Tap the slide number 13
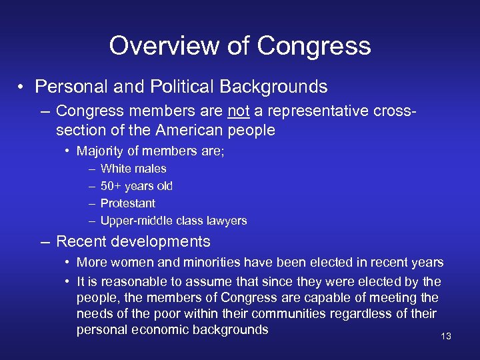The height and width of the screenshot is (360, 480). coord(446,336)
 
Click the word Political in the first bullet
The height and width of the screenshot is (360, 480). coord(185,87)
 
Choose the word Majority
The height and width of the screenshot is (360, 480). coord(100,151)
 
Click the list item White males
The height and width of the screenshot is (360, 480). coord(133,169)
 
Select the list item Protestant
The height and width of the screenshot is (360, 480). coord(127,203)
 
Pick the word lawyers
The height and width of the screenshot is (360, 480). coord(225,221)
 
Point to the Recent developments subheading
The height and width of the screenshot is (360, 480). coord(133,241)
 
